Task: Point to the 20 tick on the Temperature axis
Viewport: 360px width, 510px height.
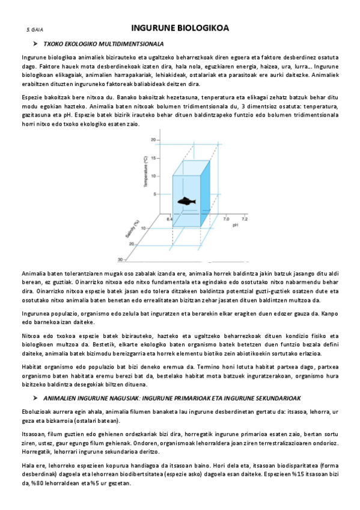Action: pos(153,140)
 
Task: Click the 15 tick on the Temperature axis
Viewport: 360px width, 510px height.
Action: pos(153,158)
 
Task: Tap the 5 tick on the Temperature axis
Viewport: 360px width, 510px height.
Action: pos(154,194)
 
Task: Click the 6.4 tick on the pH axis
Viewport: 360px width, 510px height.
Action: pos(169,220)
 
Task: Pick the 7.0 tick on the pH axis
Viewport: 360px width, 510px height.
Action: pos(226,220)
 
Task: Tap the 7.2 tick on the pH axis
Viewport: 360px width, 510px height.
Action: pos(245,220)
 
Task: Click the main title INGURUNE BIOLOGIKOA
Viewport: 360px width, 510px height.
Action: pos(180,28)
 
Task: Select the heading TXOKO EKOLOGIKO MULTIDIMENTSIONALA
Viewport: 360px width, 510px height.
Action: pos(103,44)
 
